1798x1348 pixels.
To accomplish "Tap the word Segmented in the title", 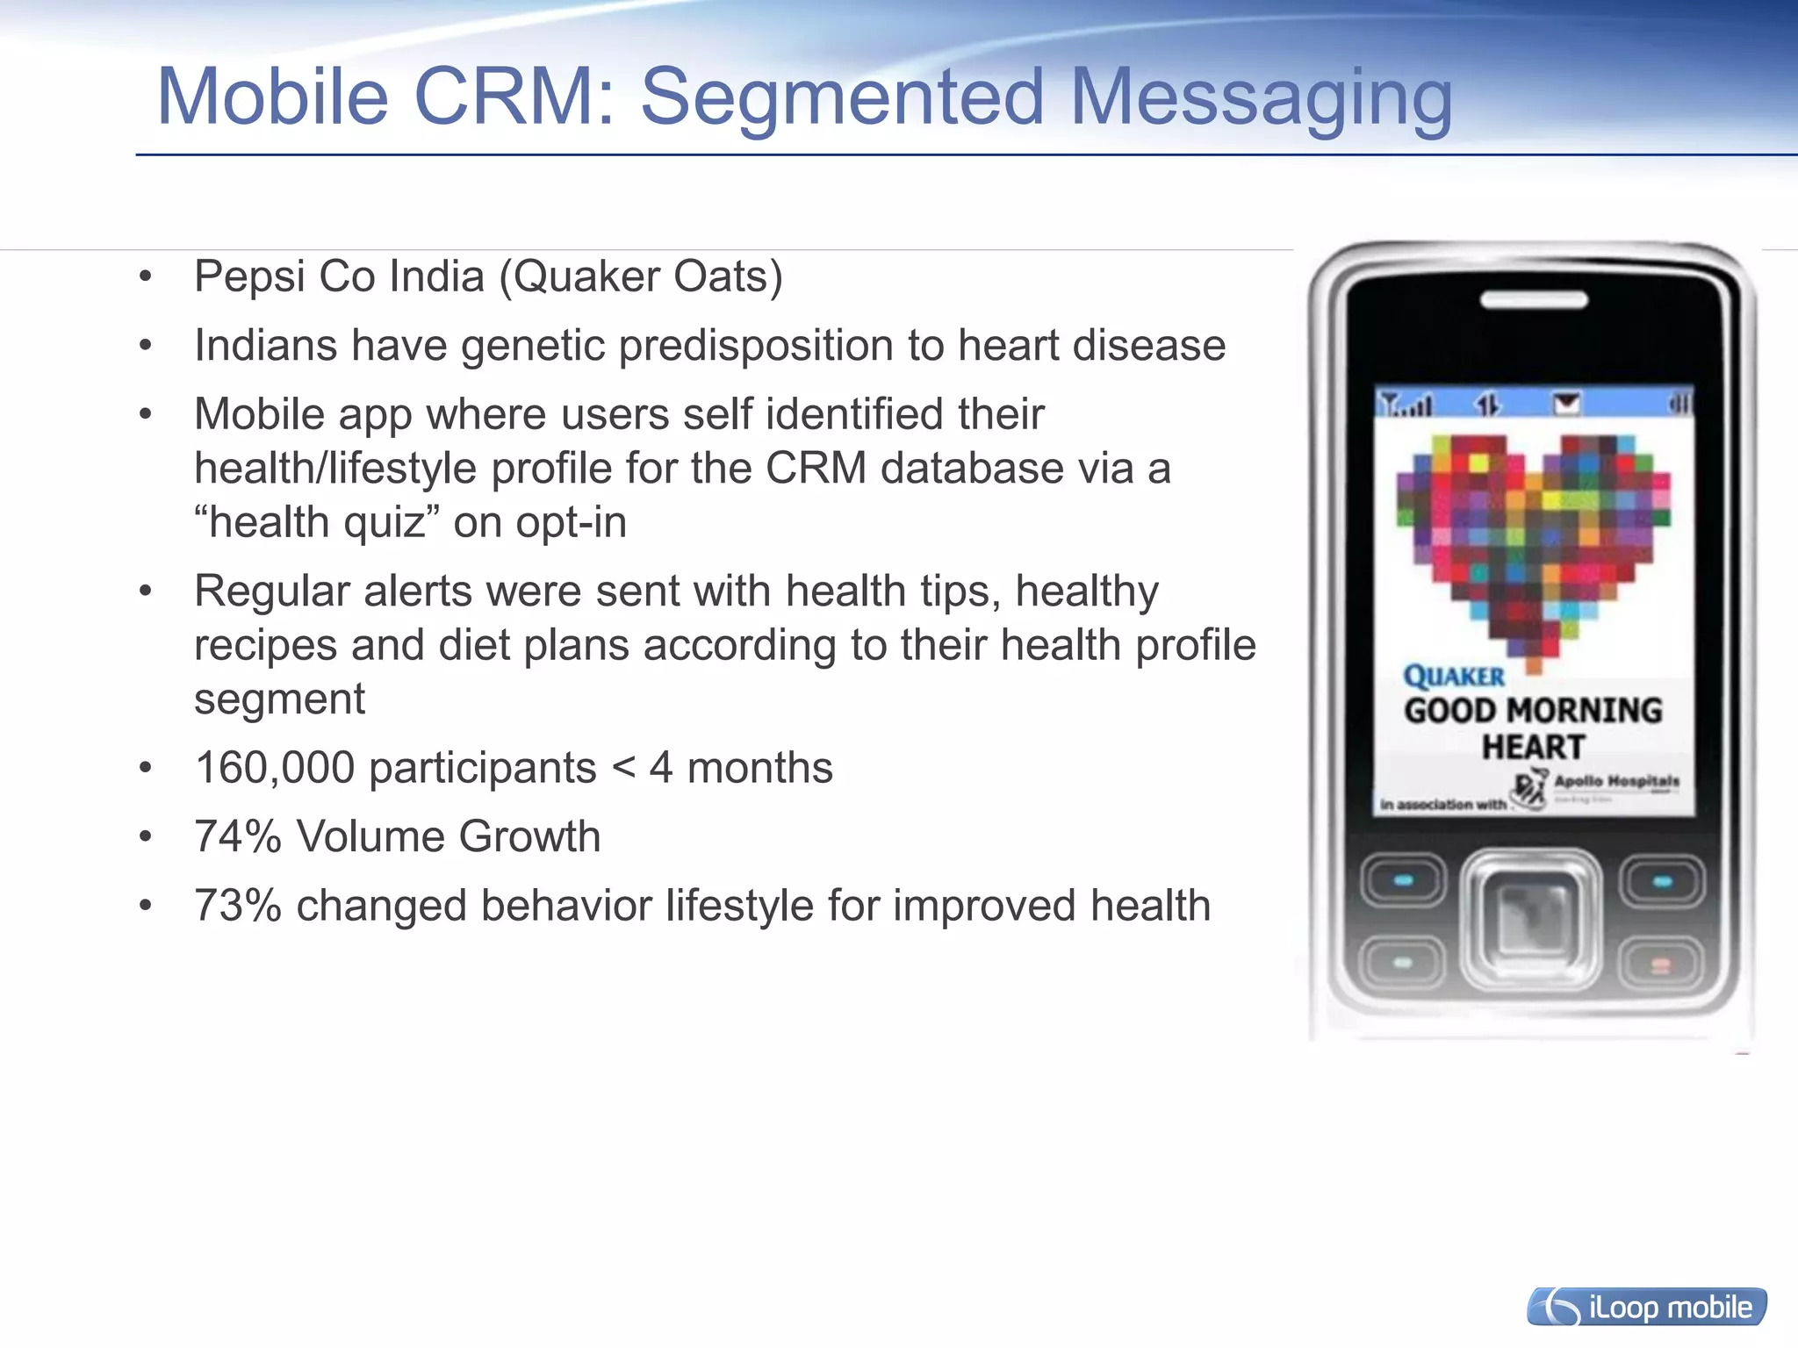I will pyautogui.click(x=841, y=98).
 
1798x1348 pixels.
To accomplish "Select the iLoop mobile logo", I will pyautogui.click(x=1646, y=1307).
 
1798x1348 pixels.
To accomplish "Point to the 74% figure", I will pyautogui.click(x=237, y=836).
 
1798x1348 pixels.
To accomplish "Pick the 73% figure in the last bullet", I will pyautogui.click(x=237, y=906).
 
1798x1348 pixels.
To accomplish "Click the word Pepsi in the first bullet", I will pyautogui.click(x=249, y=277).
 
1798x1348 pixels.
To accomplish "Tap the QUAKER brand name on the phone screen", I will pyautogui.click(x=1454, y=677).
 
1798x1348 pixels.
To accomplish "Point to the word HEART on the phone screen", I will pyautogui.click(x=1533, y=748).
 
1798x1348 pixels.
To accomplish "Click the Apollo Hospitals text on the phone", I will pyautogui.click(x=1616, y=781).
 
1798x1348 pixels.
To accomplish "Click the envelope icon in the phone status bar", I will pyautogui.click(x=1566, y=404).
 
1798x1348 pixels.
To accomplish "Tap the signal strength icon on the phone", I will pyautogui.click(x=1405, y=405).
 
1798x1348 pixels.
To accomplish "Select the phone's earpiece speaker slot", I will pyautogui.click(x=1533, y=301).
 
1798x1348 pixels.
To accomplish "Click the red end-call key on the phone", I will pyautogui.click(x=1660, y=965).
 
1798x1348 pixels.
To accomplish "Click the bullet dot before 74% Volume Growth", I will pyautogui.click(x=146, y=837).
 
